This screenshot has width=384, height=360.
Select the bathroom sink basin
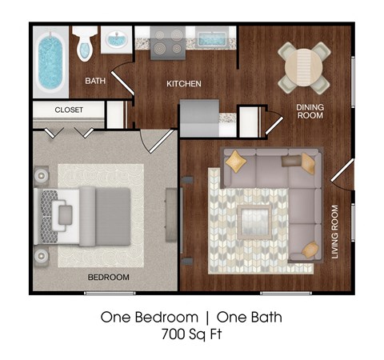pos(118,40)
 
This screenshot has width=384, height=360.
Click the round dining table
pos(302,67)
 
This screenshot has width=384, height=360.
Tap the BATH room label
pos(96,81)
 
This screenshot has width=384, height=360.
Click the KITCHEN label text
pos(183,84)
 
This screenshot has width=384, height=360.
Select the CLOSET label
pos(69,110)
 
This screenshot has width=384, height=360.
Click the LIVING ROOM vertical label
pos(334,232)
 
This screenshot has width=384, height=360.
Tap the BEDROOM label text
pos(109,277)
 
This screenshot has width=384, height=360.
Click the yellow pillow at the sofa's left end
pos(236,161)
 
